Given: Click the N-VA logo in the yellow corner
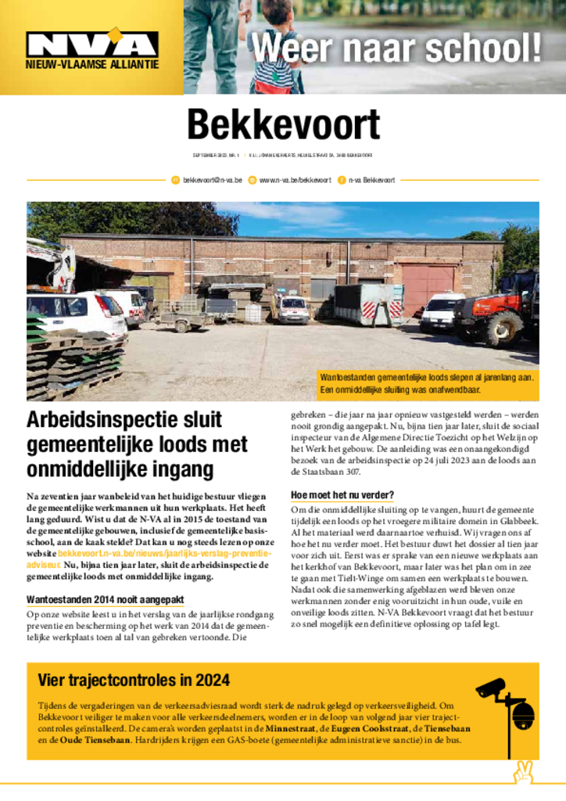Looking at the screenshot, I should [91, 43].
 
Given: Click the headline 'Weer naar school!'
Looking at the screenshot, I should [396, 48].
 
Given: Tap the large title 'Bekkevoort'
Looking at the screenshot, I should [283, 125].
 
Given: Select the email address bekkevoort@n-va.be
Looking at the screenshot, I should [213, 180].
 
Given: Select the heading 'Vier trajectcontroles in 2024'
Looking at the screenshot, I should [134, 680].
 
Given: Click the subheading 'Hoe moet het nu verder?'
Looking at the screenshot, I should [342, 495].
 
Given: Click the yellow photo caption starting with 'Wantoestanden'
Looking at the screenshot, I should [427, 383].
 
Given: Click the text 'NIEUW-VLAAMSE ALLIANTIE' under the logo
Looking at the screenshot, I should [92, 64].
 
